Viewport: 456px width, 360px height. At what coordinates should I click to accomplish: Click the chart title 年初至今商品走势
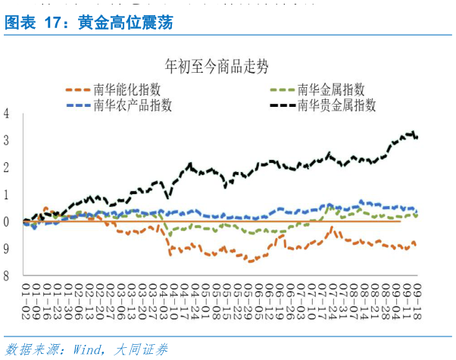[217, 67]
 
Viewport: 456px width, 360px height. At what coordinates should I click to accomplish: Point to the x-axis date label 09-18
[416, 292]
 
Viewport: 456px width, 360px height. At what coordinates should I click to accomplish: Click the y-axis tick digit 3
[6, 141]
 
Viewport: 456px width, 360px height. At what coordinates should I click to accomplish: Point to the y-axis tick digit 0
[6, 221]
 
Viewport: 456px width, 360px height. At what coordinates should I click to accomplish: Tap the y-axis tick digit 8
[6, 275]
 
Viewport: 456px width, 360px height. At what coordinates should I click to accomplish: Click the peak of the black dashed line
[412, 133]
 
